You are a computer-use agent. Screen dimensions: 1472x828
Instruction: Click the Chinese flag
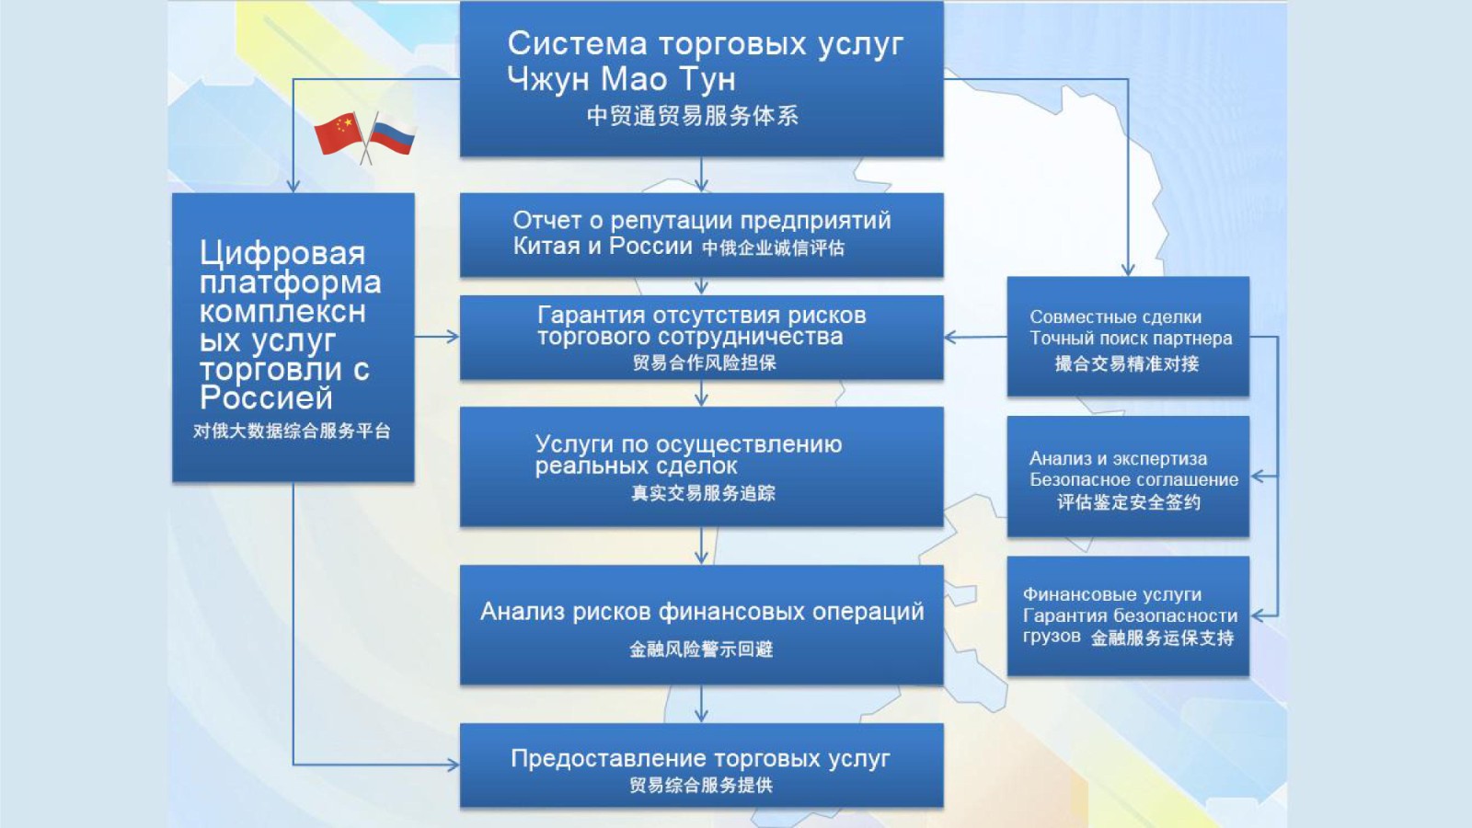click(x=339, y=133)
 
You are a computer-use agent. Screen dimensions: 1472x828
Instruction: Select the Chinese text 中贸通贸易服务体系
click(x=693, y=116)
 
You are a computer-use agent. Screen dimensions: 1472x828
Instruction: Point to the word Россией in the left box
click(x=266, y=397)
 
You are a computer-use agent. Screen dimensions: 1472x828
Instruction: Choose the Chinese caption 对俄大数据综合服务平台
click(x=292, y=431)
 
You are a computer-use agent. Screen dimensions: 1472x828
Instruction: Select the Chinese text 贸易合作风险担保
click(x=705, y=362)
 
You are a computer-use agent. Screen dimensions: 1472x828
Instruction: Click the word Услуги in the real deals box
click(x=574, y=445)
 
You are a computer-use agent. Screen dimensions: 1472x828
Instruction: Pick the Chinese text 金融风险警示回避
click(x=701, y=650)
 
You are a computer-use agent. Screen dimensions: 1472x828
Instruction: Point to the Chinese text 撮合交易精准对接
click(x=1127, y=364)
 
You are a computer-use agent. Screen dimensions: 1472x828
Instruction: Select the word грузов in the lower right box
click(x=1052, y=637)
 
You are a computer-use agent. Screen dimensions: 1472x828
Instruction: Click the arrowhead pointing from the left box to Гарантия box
click(x=453, y=337)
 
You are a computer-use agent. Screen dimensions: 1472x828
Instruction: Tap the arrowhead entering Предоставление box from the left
click(x=453, y=765)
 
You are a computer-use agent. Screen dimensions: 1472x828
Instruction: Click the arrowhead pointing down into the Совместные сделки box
click(x=1128, y=270)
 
